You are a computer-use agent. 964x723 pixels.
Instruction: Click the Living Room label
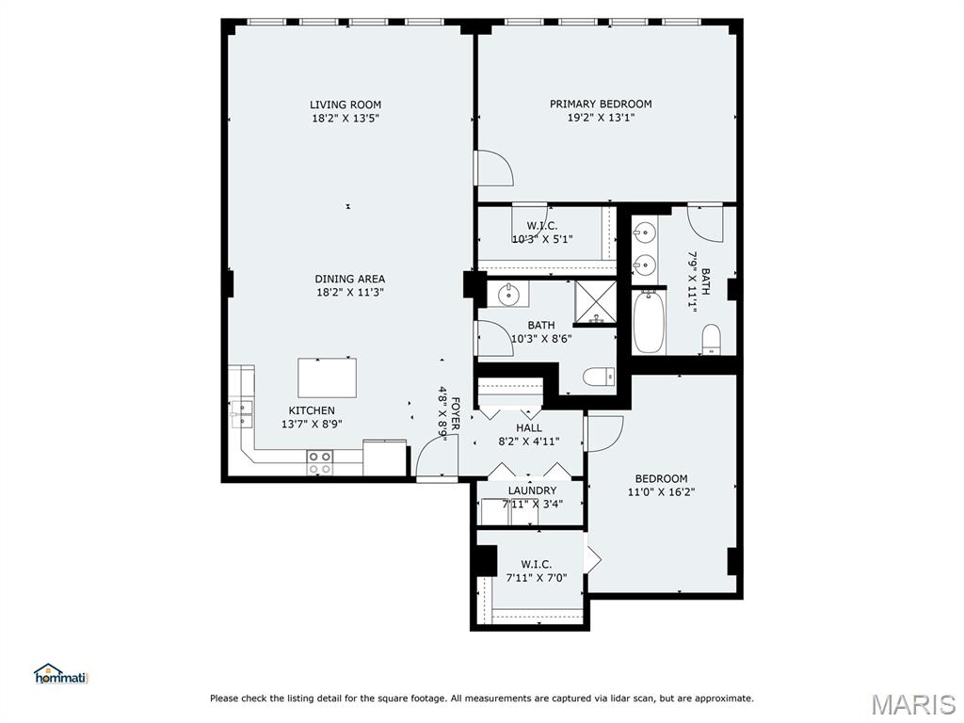[x=345, y=104]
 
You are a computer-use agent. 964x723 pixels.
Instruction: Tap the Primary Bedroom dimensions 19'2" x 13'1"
[x=601, y=118]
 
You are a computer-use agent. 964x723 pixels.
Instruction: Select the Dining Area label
[x=349, y=279]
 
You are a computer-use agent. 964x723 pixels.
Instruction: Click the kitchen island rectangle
[x=327, y=378]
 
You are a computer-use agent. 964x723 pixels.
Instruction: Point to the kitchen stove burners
[x=319, y=462]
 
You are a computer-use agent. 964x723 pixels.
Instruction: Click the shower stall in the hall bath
[x=596, y=301]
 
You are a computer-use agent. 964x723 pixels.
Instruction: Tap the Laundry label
[x=532, y=490]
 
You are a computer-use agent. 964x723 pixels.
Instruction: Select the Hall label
[x=529, y=427]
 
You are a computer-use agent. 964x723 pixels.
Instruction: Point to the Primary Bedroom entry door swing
[x=493, y=168]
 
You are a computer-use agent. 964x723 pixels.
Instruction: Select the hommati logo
[x=60, y=674]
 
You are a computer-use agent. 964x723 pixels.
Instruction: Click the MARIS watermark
[x=913, y=703]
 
